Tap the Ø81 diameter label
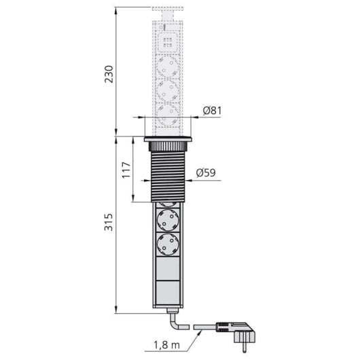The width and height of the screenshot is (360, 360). [x=212, y=110]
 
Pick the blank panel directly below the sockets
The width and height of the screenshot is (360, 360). [x=168, y=268]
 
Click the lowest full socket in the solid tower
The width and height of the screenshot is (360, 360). [x=168, y=244]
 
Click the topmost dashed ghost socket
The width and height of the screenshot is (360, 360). [x=168, y=66]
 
